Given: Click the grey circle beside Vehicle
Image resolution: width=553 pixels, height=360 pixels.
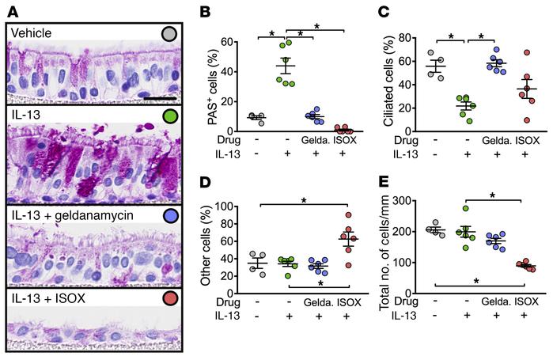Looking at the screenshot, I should click(x=168, y=35).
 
